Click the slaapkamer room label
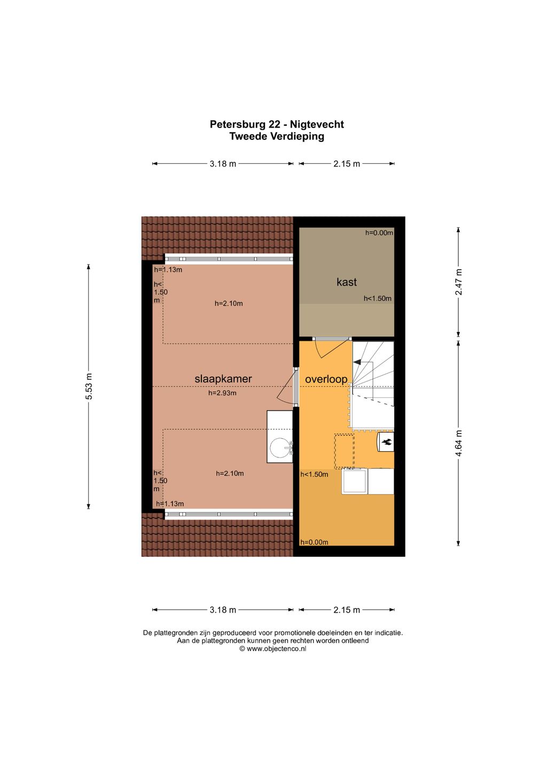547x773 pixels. pyautogui.click(x=223, y=378)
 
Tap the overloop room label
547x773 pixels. pyautogui.click(x=326, y=379)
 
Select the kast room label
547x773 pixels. pyautogui.click(x=346, y=282)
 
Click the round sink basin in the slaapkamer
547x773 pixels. pyautogui.click(x=280, y=448)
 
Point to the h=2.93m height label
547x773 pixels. pyautogui.click(x=222, y=393)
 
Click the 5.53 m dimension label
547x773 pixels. pyautogui.click(x=89, y=386)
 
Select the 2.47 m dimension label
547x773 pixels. pyautogui.click(x=458, y=282)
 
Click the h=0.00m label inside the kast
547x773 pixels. pyautogui.click(x=379, y=233)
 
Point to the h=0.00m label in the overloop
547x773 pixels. pyautogui.click(x=314, y=542)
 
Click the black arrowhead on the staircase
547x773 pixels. pyautogui.click(x=357, y=361)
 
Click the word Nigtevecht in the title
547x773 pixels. pyautogui.click(x=317, y=124)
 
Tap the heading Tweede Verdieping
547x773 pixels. pyautogui.click(x=277, y=136)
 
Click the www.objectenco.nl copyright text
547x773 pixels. pyautogui.click(x=273, y=649)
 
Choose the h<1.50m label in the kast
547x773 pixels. pyautogui.click(x=378, y=298)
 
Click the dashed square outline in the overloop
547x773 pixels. pyautogui.click(x=344, y=451)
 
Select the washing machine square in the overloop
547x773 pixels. pyautogui.click(x=355, y=481)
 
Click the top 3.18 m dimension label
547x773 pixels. pyautogui.click(x=223, y=163)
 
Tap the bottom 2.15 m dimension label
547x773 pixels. pyautogui.click(x=346, y=610)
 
